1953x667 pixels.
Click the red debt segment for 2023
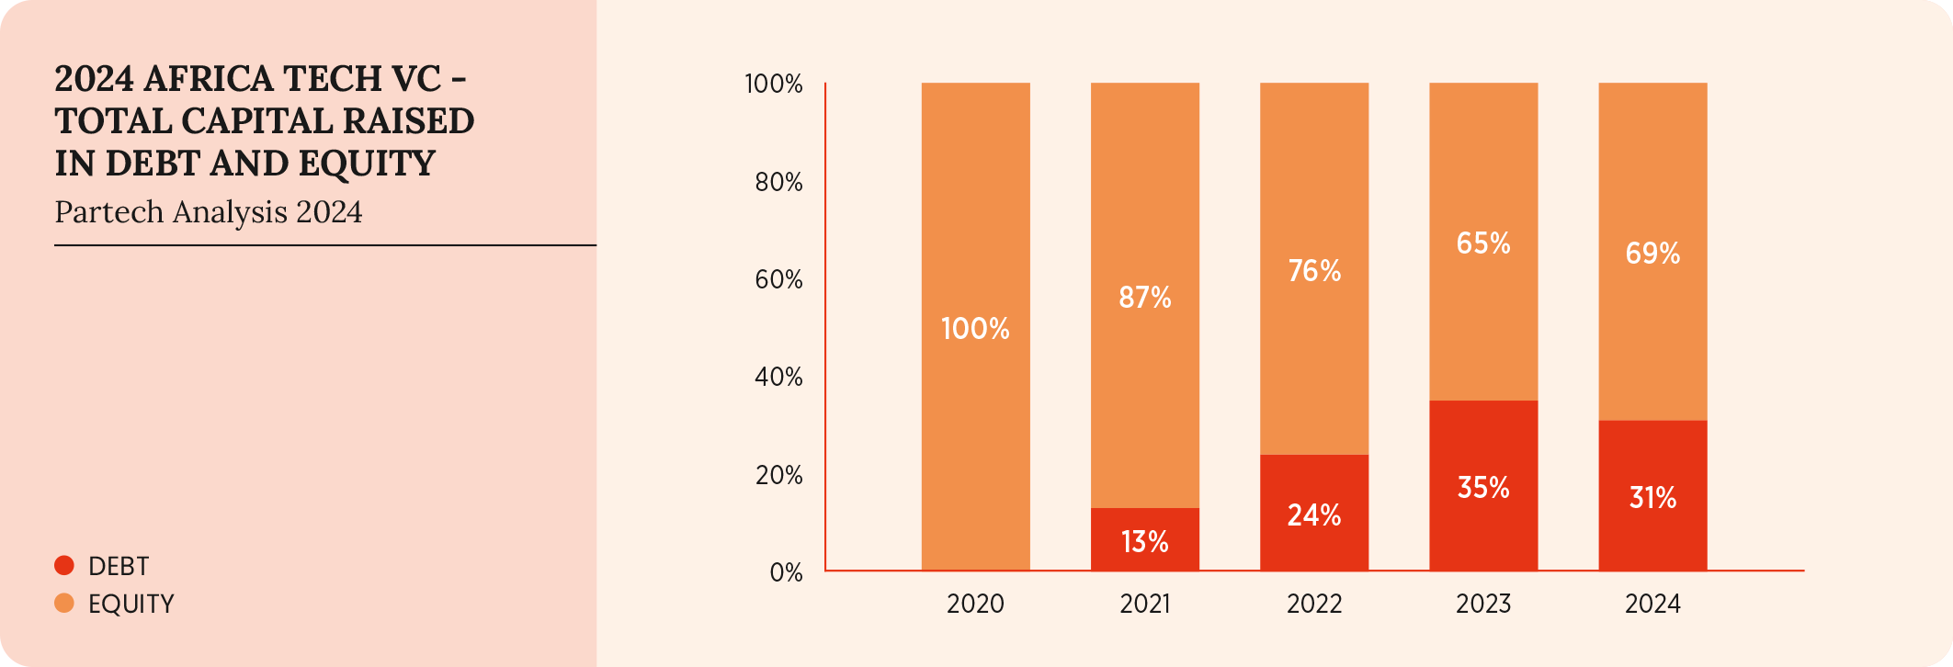tap(1483, 441)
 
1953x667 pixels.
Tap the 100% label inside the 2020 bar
tap(975, 329)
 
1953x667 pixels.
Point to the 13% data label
tap(1145, 542)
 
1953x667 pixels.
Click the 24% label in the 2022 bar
tap(1314, 515)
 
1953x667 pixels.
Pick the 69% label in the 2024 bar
tap(1652, 253)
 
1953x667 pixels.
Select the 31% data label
tap(1652, 498)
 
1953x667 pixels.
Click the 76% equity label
tap(1314, 271)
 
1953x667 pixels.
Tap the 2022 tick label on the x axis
tap(1314, 604)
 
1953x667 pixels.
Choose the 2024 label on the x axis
tap(1652, 604)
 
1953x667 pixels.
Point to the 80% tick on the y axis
tap(778, 182)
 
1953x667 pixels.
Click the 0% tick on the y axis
tap(786, 573)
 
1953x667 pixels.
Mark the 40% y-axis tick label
tap(778, 378)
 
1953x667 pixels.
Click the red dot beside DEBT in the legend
tap(64, 566)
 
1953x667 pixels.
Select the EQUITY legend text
tap(131, 604)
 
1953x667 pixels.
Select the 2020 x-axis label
tap(975, 604)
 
